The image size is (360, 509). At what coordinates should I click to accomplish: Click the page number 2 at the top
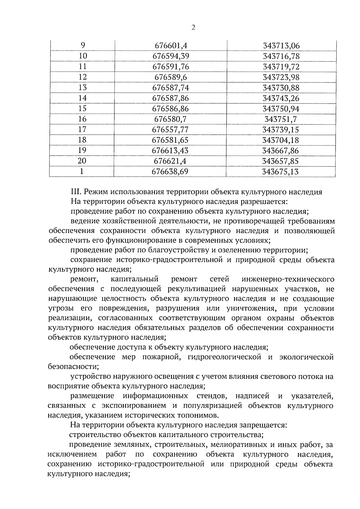click(x=193, y=28)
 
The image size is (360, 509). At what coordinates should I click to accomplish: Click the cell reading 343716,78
click(x=281, y=56)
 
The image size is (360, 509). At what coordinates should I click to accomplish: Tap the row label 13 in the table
click(x=82, y=88)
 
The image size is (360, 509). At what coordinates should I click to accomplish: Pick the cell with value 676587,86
click(x=170, y=98)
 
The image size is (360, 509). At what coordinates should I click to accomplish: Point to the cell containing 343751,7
click(x=280, y=119)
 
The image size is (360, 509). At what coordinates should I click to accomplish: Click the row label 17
click(x=82, y=130)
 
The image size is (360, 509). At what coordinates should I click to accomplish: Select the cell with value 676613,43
click(x=170, y=151)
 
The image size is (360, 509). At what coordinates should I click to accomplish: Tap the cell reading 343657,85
click(x=280, y=161)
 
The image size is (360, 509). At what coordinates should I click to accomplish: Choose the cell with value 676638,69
click(x=170, y=172)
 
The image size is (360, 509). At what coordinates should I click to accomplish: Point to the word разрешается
click(x=264, y=202)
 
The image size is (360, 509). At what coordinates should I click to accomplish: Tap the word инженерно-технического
click(x=288, y=280)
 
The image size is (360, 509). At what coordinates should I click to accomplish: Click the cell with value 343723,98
click(x=281, y=77)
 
